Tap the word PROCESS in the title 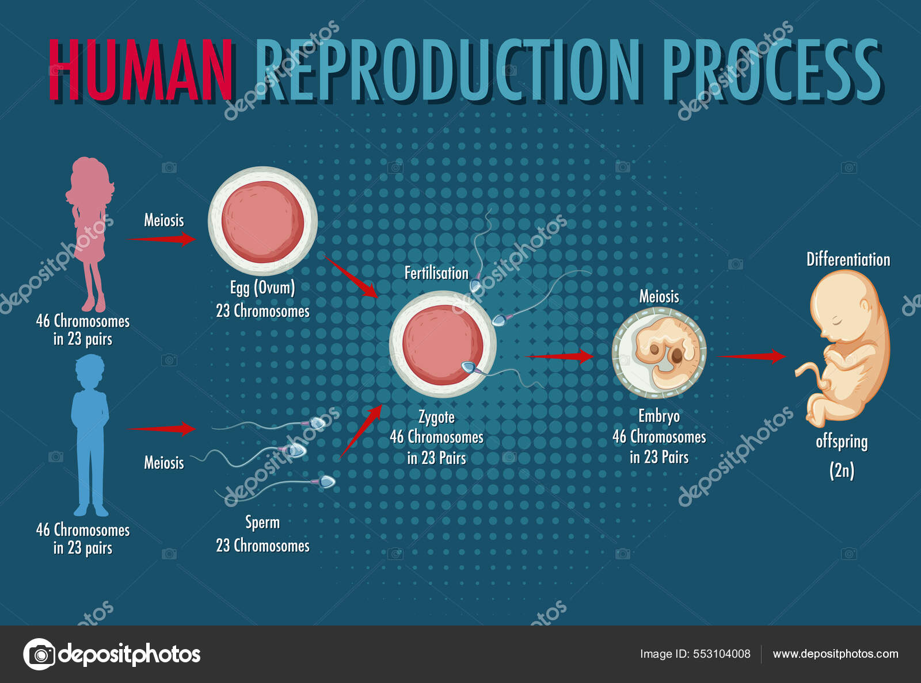772,70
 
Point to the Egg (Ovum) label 262,287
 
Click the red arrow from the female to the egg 162,238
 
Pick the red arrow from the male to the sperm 162,428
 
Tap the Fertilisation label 436,273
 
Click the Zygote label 436,417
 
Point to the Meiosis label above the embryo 659,297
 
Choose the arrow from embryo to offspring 751,356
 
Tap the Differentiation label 848,259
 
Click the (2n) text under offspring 842,470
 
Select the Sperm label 262,523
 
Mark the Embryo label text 659,416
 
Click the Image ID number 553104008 722,654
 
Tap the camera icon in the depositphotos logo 40,654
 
